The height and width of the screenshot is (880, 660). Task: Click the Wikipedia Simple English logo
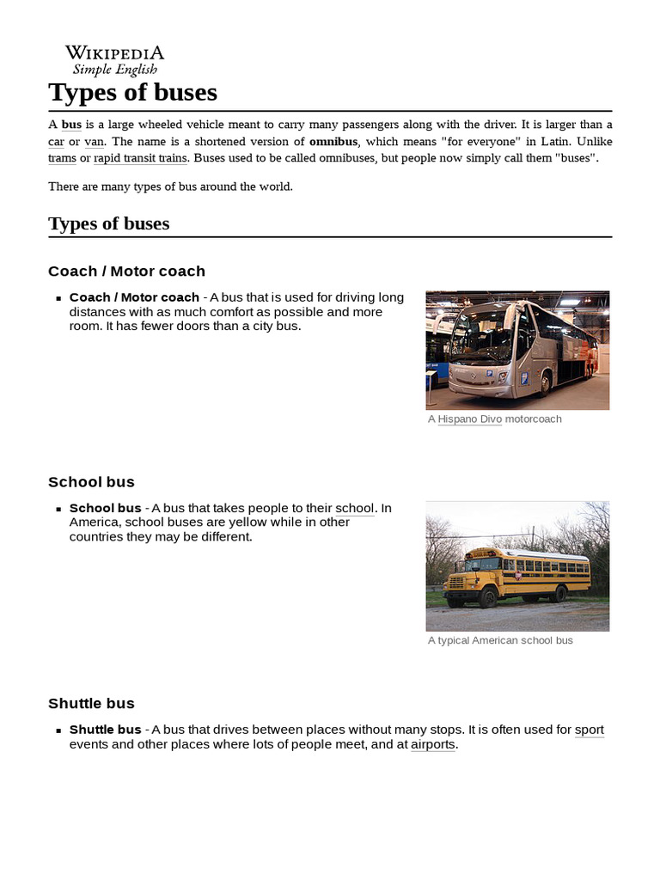(114, 60)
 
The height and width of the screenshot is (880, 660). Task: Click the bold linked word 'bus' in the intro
(71, 125)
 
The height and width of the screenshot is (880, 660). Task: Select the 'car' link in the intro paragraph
(57, 142)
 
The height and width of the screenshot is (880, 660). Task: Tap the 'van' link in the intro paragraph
(94, 142)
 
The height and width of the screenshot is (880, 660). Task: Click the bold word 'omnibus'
(333, 142)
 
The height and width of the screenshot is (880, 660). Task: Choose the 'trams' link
(62, 158)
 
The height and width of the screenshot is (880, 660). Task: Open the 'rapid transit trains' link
(140, 158)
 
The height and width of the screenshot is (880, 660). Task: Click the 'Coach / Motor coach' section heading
(126, 272)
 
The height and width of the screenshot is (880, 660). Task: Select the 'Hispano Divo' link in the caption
(469, 419)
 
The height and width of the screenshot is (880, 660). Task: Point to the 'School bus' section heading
(91, 482)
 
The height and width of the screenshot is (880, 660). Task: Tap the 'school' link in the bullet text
(355, 508)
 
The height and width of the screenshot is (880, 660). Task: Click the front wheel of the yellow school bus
(487, 599)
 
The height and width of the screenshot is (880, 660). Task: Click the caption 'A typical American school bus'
(499, 640)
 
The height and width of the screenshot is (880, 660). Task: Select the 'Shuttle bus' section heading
(91, 704)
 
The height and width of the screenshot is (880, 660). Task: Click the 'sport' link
(589, 730)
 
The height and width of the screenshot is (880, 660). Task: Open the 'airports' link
(433, 744)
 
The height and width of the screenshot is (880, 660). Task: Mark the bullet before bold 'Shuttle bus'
(59, 730)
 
